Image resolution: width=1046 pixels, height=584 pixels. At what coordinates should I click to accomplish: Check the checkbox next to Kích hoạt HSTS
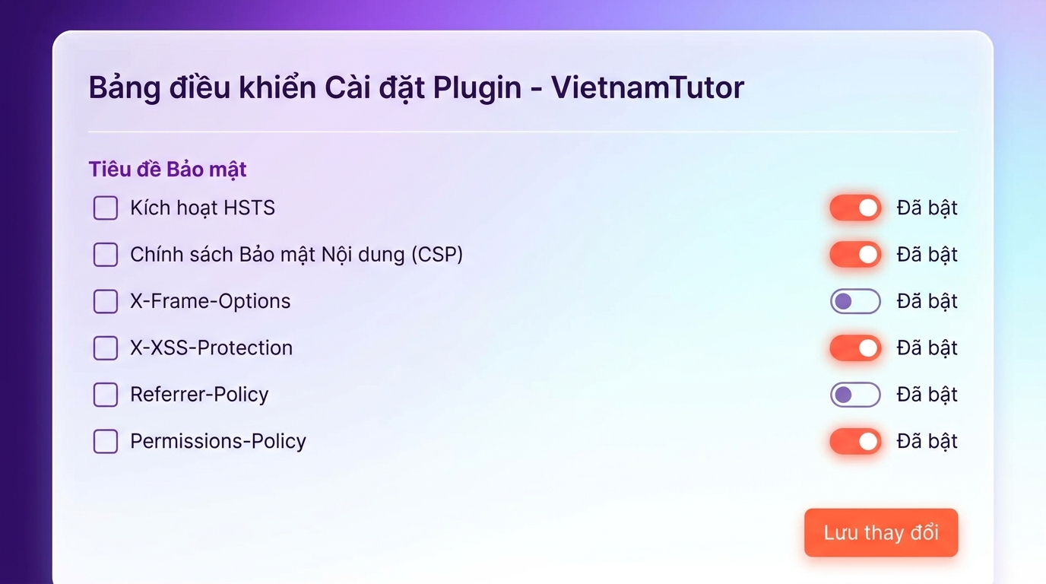click(x=106, y=208)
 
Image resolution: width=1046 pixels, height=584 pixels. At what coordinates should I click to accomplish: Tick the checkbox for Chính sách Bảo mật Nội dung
click(x=106, y=255)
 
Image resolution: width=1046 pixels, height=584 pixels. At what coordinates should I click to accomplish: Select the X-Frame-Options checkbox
click(x=106, y=301)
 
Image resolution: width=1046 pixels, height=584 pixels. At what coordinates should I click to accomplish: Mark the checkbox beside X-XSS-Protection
click(x=106, y=348)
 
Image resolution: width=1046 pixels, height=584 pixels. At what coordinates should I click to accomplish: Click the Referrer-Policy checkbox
click(x=106, y=395)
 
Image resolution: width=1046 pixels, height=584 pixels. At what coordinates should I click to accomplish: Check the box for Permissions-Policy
click(x=106, y=441)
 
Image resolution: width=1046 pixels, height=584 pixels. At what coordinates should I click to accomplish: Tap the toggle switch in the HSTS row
click(x=855, y=208)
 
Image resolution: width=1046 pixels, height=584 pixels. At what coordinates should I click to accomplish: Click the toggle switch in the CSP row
click(x=855, y=255)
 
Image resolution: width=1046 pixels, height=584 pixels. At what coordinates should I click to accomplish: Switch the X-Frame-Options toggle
click(x=855, y=301)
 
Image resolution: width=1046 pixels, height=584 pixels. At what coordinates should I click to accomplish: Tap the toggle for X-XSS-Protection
click(x=855, y=348)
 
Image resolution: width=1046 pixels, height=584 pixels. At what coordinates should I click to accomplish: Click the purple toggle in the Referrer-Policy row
click(x=855, y=395)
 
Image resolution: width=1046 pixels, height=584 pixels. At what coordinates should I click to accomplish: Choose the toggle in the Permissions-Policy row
click(x=855, y=441)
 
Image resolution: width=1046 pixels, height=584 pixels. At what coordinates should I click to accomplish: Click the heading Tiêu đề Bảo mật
click(x=167, y=169)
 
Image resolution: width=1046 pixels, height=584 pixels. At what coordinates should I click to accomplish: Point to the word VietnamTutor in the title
click(x=647, y=87)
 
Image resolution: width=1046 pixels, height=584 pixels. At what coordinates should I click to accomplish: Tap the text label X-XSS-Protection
click(x=211, y=348)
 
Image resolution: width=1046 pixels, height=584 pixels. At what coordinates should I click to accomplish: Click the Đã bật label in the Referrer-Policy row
click(x=927, y=395)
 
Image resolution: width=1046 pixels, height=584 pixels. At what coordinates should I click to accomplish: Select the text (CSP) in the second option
click(x=437, y=255)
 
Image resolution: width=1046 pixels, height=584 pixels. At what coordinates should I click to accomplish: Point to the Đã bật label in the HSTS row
click(x=927, y=208)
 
